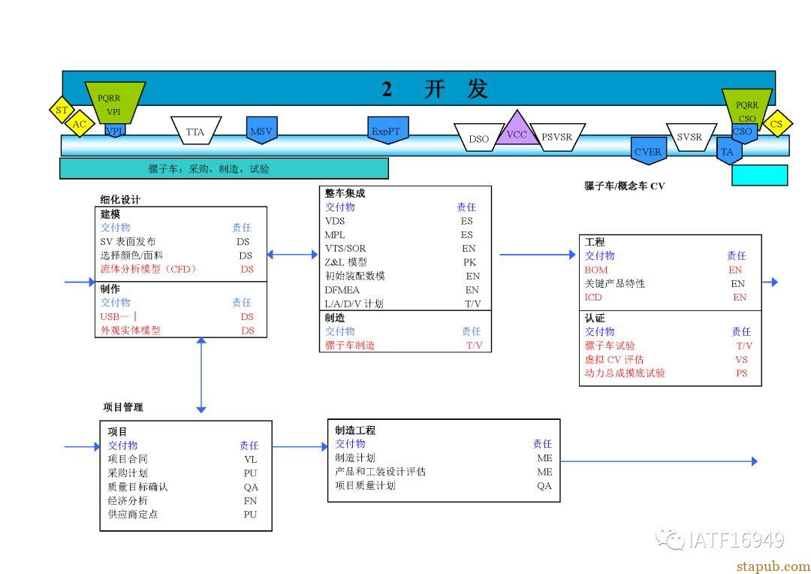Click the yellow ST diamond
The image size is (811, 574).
pyautogui.click(x=62, y=110)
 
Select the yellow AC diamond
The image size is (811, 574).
pyautogui.click(x=79, y=124)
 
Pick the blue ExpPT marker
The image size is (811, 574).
pyautogui.click(x=388, y=130)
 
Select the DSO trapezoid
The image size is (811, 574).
pyautogui.click(x=478, y=137)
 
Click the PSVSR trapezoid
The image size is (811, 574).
pyautogui.click(x=557, y=137)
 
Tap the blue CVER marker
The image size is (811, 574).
pyautogui.click(x=648, y=150)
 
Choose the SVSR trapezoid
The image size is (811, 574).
pyautogui.click(x=691, y=137)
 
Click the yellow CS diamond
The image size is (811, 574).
pyautogui.click(x=776, y=123)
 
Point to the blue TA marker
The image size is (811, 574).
pyautogui.click(x=728, y=150)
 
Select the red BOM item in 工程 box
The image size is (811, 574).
pyautogui.click(x=595, y=270)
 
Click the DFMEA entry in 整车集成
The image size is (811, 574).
pyautogui.click(x=342, y=290)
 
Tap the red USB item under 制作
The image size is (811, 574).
pyautogui.click(x=119, y=316)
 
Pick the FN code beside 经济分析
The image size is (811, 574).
pyautogui.click(x=250, y=500)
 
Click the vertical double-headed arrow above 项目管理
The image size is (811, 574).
pyautogui.click(x=201, y=375)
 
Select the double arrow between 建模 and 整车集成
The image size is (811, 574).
pyautogui.click(x=292, y=254)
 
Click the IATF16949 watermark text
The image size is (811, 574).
pyautogui.click(x=737, y=540)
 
